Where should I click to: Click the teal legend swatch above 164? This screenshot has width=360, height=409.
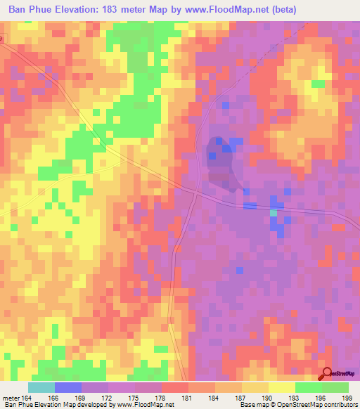coord(41,387)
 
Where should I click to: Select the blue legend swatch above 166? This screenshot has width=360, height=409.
coord(68,387)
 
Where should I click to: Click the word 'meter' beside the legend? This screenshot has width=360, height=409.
coord(11,398)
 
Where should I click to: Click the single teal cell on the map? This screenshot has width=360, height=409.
coord(274,212)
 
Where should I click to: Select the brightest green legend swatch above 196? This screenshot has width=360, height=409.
coord(309,387)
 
